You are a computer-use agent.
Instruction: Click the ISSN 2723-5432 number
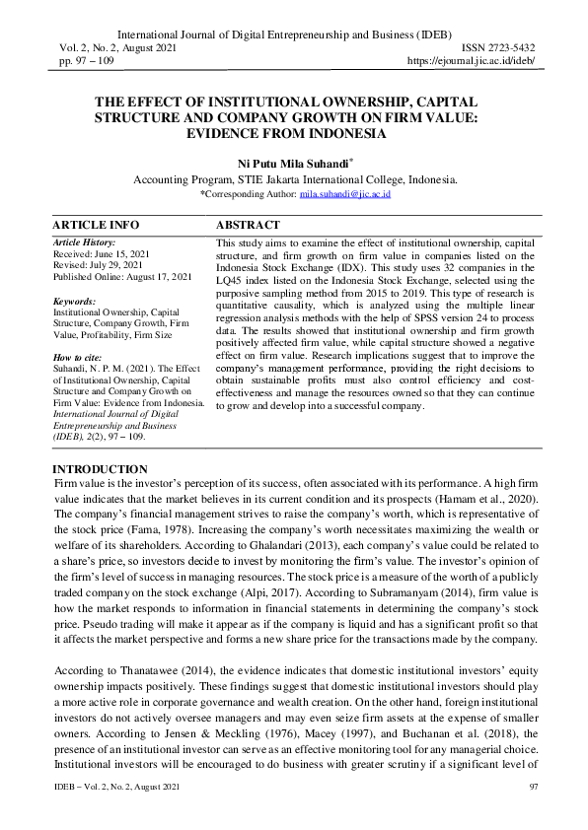coord(498,47)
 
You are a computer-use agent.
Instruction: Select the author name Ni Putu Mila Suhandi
coord(293,163)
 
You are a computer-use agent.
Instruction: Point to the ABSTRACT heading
coord(248,225)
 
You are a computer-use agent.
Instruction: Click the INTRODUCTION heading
coord(100,468)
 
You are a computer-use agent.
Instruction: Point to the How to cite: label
coord(78,359)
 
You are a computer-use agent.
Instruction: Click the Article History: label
coord(84,242)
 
